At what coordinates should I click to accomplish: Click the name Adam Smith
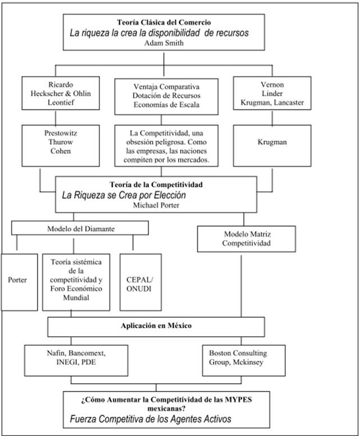(164, 43)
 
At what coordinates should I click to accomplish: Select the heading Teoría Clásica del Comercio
(164, 22)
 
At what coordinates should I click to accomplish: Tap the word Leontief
(61, 102)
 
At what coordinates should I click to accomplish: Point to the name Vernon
(272, 85)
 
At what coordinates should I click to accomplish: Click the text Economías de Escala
(166, 105)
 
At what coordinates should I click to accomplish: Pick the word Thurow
(61, 142)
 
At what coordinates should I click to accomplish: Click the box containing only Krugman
(272, 146)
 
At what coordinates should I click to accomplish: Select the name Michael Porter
(156, 205)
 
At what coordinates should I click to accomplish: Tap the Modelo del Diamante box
(80, 228)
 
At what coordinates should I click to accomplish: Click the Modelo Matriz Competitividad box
(247, 239)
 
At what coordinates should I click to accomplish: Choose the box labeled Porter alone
(19, 282)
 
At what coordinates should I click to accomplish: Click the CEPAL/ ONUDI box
(140, 282)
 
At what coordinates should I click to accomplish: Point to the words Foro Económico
(76, 288)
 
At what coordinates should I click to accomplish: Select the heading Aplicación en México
(156, 325)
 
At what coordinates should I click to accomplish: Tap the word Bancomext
(87, 353)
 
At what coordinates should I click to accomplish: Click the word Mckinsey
(248, 362)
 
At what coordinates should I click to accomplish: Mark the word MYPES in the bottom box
(238, 400)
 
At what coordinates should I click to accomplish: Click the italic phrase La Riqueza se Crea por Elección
(124, 195)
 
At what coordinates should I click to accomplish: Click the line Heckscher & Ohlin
(61, 93)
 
